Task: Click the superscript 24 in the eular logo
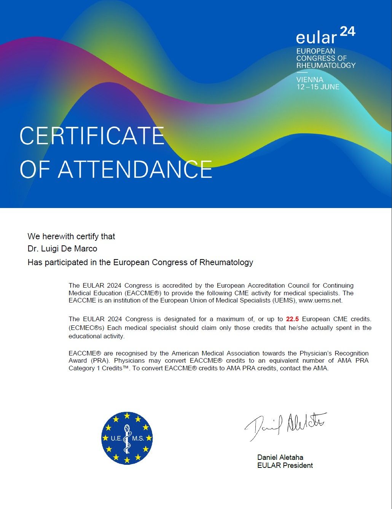[347, 31]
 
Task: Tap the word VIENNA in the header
[310, 80]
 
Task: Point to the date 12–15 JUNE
[318, 87]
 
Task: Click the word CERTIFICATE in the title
[92, 136]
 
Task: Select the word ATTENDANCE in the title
[135, 169]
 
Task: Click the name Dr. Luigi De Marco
[62, 249]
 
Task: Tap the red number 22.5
[292, 319]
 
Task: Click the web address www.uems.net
[320, 301]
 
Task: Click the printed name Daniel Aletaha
[280, 457]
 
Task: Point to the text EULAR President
[285, 465]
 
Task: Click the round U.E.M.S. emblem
[127, 438]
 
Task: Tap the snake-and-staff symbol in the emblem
[127, 438]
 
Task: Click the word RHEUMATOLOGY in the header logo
[326, 66]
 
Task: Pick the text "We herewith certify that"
[71, 237]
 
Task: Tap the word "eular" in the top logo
[316, 38]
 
